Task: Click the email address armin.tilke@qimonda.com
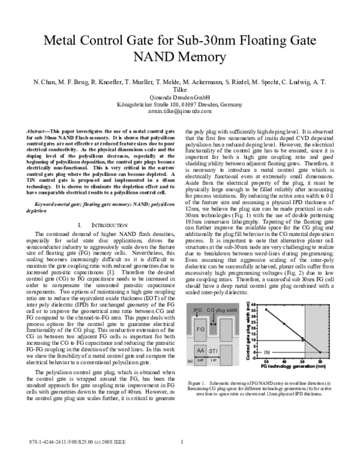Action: (x=179, y=111)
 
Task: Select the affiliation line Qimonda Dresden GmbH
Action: (x=179, y=97)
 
